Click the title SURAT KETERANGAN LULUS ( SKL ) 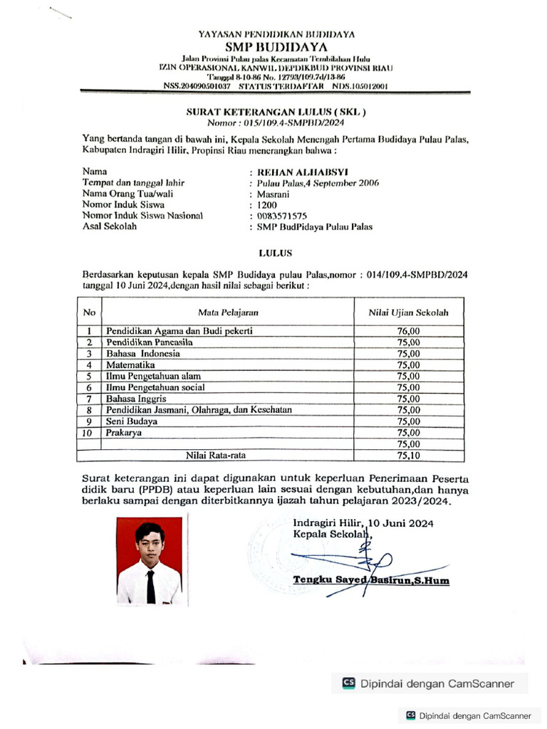point(276,112)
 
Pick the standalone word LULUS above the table point(274,252)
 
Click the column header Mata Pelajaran point(228,312)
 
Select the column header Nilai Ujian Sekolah point(408,312)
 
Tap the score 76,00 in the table point(409,331)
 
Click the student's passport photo point(150,560)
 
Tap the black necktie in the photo point(151,585)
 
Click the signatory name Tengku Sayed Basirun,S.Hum point(370,580)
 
